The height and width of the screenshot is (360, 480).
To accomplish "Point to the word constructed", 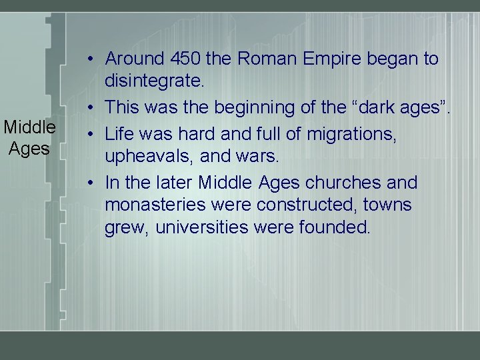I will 284,204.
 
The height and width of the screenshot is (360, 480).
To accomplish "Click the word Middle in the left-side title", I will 29,127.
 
